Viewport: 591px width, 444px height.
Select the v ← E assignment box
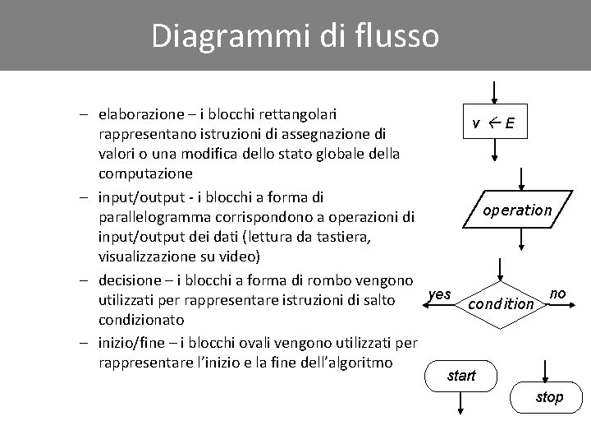point(493,124)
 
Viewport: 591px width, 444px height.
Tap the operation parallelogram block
point(517,210)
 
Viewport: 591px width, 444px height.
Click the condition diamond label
point(501,303)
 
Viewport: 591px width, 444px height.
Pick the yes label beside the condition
point(440,294)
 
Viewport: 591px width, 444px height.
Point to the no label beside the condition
point(557,294)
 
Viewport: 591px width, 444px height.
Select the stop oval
point(549,398)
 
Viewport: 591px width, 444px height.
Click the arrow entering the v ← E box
point(493,92)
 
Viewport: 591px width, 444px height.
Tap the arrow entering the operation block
point(524,179)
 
